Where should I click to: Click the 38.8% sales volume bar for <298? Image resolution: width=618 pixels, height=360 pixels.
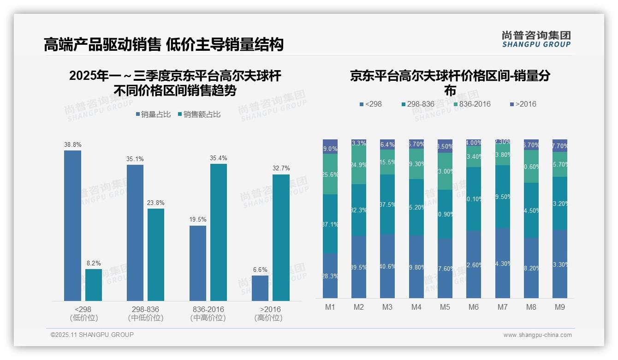pyautogui.click(x=72, y=226)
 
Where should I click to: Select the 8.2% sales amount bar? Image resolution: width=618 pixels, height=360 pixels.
pyautogui.click(x=94, y=285)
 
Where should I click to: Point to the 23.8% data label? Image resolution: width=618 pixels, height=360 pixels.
pyautogui.click(x=156, y=203)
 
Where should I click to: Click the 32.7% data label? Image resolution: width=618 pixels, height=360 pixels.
pyautogui.click(x=281, y=168)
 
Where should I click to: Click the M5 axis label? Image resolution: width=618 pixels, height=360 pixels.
pyautogui.click(x=445, y=307)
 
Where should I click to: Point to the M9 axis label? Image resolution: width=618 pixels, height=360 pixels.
pyautogui.click(x=559, y=307)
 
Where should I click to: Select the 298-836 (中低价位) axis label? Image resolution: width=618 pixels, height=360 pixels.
pyautogui.click(x=145, y=313)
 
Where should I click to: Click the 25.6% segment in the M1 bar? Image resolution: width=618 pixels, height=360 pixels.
pyautogui.click(x=330, y=174)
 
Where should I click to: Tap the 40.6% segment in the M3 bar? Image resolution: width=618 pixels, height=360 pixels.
pyautogui.click(x=387, y=266)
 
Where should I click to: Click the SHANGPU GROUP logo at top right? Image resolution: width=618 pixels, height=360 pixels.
pyautogui.click(x=536, y=39)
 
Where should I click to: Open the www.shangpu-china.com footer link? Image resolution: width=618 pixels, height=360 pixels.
pyautogui.click(x=537, y=335)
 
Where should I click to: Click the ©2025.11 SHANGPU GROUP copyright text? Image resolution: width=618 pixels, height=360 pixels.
pyautogui.click(x=92, y=335)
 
